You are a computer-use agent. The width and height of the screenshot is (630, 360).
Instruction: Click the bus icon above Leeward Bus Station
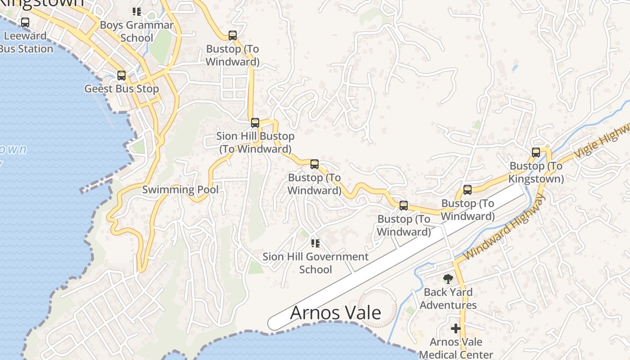pos(25,22)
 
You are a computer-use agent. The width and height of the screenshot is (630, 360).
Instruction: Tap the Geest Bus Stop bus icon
pos(121,75)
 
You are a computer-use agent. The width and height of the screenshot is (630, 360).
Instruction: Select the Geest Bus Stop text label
pos(121,89)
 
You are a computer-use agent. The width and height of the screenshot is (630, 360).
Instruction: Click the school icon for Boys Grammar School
pos(137,11)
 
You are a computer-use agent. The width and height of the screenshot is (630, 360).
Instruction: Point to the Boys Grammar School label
pos(136,31)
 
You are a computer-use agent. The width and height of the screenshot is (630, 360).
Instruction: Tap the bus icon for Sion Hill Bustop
pos(255,122)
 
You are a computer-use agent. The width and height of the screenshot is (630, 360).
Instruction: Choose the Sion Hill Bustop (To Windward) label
pos(255,142)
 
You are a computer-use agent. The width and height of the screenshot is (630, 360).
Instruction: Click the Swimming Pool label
pos(180,189)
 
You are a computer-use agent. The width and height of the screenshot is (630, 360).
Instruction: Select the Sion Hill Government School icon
pos(315,243)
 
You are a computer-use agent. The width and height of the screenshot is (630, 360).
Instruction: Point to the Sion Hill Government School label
pos(315,263)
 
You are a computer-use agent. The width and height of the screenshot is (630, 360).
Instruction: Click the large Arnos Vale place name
pos(335,313)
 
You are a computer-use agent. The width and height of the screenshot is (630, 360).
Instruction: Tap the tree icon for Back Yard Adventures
pos(448,279)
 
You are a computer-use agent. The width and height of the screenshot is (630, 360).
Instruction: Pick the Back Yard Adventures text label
pos(448,298)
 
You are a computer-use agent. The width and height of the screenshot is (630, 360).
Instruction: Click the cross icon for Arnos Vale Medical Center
pos(456,328)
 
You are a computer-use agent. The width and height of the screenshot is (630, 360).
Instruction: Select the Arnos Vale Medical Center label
pos(456,348)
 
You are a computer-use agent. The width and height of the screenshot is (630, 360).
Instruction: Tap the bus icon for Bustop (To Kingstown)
pos(535,152)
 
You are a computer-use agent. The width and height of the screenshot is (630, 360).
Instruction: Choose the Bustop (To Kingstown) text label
pos(536,172)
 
